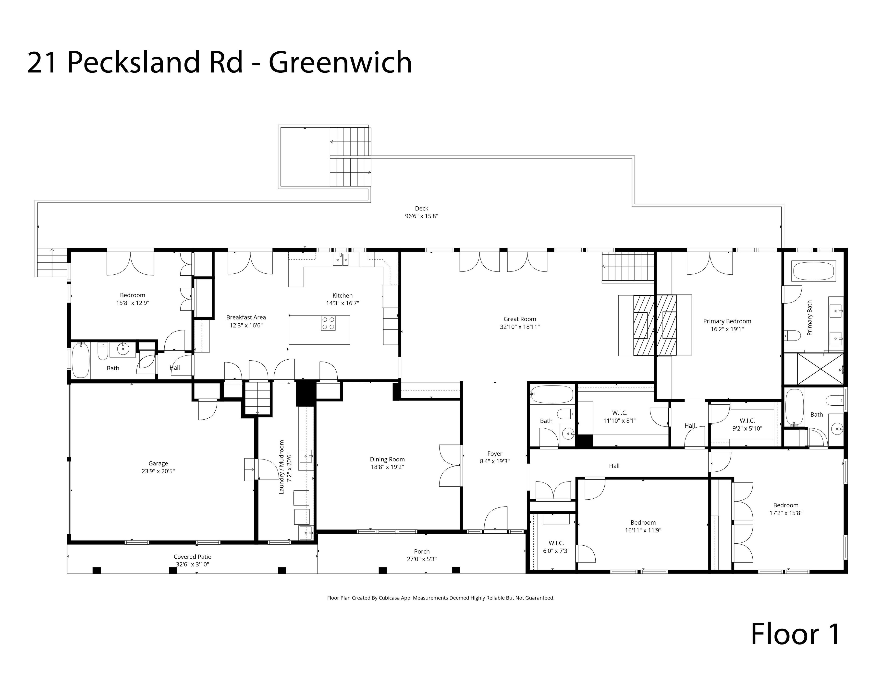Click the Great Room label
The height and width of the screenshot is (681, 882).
pyautogui.click(x=519, y=319)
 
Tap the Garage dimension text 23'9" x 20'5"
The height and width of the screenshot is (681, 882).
pyautogui.click(x=158, y=471)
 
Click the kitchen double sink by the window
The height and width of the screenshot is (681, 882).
pyautogui.click(x=341, y=259)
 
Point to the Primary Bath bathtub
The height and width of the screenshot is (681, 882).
pyautogui.click(x=813, y=271)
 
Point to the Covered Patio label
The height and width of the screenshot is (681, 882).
pyautogui.click(x=192, y=556)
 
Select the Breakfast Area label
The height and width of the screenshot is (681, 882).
pyautogui.click(x=246, y=317)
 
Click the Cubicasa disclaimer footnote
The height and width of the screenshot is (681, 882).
pyautogui.click(x=441, y=598)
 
